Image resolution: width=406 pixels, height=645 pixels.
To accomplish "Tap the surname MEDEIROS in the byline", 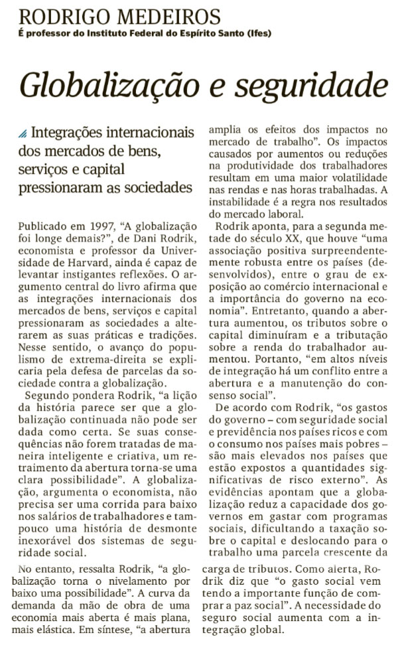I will click(170, 16).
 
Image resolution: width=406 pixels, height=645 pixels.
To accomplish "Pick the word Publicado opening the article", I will click(42, 226).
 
